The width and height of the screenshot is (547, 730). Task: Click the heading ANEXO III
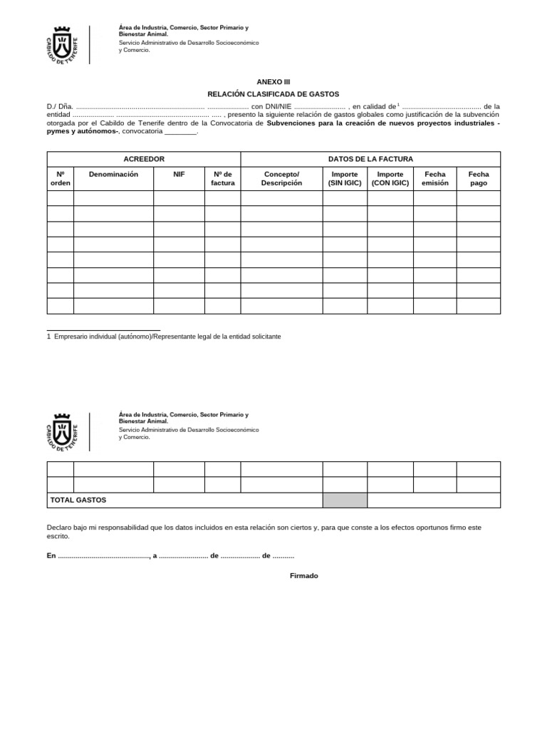click(x=273, y=82)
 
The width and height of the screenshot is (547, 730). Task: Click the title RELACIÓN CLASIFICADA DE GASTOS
click(x=273, y=94)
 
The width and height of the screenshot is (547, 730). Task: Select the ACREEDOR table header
click(x=144, y=159)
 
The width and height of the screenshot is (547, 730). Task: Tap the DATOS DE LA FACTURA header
click(x=370, y=159)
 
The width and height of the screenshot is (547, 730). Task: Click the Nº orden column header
click(x=61, y=178)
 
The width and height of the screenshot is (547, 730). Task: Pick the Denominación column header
click(x=113, y=174)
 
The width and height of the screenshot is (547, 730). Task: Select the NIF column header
click(x=179, y=174)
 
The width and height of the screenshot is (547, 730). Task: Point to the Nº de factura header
click(x=222, y=178)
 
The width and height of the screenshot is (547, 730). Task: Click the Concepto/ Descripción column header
click(x=281, y=178)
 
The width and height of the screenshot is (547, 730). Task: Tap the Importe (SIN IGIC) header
click(x=345, y=178)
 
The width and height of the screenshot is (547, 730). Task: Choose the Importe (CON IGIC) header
click(x=390, y=178)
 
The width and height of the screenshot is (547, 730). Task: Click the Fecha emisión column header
click(x=434, y=178)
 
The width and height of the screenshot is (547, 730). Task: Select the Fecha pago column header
click(x=478, y=178)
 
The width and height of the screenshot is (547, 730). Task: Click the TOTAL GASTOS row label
click(x=78, y=500)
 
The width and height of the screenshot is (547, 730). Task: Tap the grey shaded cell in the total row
click(x=345, y=500)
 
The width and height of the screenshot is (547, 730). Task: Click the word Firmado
click(x=304, y=575)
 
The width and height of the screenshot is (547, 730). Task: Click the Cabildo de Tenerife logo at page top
click(x=63, y=44)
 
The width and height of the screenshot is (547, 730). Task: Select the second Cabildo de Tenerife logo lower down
click(x=63, y=431)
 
